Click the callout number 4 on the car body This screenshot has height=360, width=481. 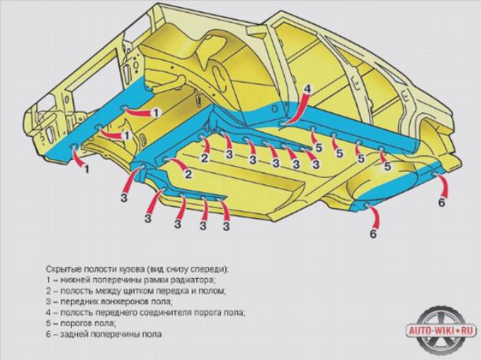[x=307, y=89]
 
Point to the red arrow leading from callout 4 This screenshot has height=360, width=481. [x=296, y=110]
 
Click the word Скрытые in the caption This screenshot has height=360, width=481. [x=58, y=269]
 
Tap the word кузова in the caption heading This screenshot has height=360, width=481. [x=131, y=269]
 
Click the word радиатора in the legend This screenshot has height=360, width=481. [x=193, y=280]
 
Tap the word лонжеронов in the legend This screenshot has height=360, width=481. [x=119, y=302]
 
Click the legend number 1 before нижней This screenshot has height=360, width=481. [x=48, y=280]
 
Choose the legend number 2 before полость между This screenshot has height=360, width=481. [x=48, y=291]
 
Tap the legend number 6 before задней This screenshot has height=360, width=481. [x=48, y=334]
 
